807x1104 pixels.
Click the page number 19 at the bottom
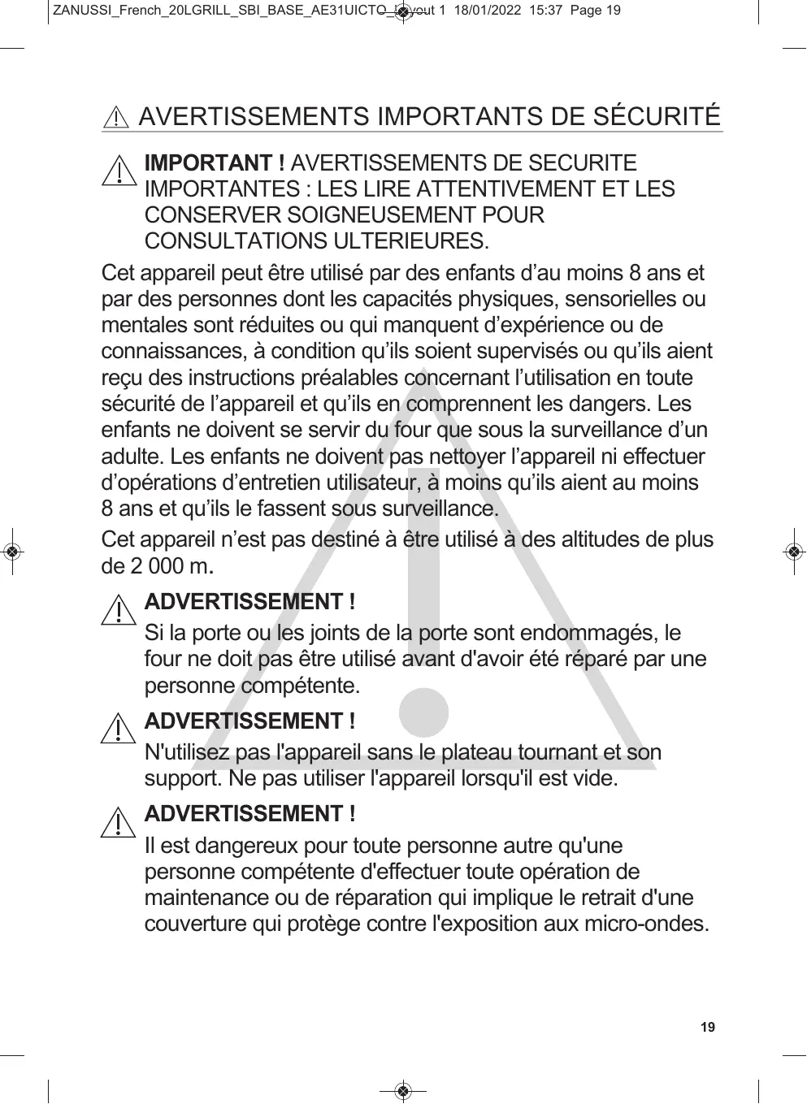tap(708, 1028)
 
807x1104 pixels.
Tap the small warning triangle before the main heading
tap(117, 119)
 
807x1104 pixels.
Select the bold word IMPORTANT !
tap(214, 163)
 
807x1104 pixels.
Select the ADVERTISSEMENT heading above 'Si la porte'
tap(249, 603)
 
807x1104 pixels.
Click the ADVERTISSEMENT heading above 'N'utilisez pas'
tap(249, 721)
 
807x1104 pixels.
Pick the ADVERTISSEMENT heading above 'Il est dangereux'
tap(249, 814)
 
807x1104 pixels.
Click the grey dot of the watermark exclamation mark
tap(423, 713)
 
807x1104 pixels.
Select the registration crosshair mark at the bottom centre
tap(404, 1090)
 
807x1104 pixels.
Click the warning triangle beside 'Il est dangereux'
tap(119, 822)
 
